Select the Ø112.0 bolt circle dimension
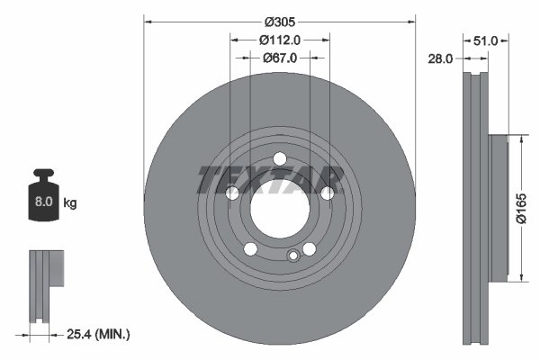pos(279,39)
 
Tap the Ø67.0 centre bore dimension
pos(279,57)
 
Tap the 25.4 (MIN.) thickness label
pos(98,334)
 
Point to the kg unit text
pos(70,203)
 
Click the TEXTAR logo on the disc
pos(270,179)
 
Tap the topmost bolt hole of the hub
pos(279,159)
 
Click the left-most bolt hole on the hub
pos(231,193)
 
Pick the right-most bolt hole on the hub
pos(328,193)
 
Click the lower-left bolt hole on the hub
pos(250,249)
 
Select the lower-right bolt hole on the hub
pos(310,249)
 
